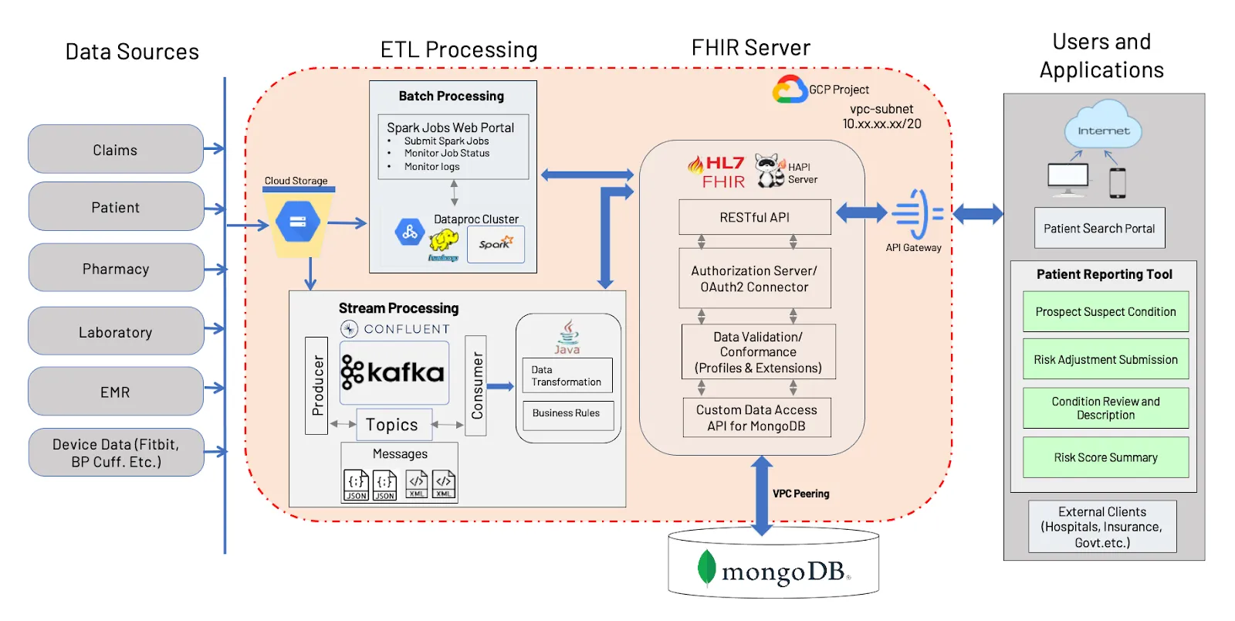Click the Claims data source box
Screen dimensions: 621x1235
(x=116, y=149)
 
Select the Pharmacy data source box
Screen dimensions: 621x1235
(x=116, y=268)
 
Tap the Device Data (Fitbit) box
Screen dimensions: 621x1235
(x=116, y=453)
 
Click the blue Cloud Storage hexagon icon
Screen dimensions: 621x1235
(x=298, y=222)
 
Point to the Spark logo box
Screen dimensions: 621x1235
(x=496, y=244)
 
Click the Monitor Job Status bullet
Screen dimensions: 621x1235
(x=447, y=153)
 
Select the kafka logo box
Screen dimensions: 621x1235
(x=394, y=372)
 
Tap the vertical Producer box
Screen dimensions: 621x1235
(x=316, y=385)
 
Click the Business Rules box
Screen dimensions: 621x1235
(x=567, y=414)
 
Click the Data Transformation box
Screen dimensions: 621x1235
(x=567, y=375)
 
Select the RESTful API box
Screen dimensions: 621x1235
(x=755, y=217)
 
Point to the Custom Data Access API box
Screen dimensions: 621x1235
(x=756, y=418)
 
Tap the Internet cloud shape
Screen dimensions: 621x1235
(x=1103, y=129)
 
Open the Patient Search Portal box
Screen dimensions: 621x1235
(x=1099, y=228)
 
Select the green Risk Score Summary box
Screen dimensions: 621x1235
(x=1105, y=457)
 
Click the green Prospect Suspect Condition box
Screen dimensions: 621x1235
(x=1105, y=312)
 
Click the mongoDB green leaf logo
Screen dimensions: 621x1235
(x=706, y=568)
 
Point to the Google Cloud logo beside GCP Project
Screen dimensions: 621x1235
(x=790, y=90)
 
